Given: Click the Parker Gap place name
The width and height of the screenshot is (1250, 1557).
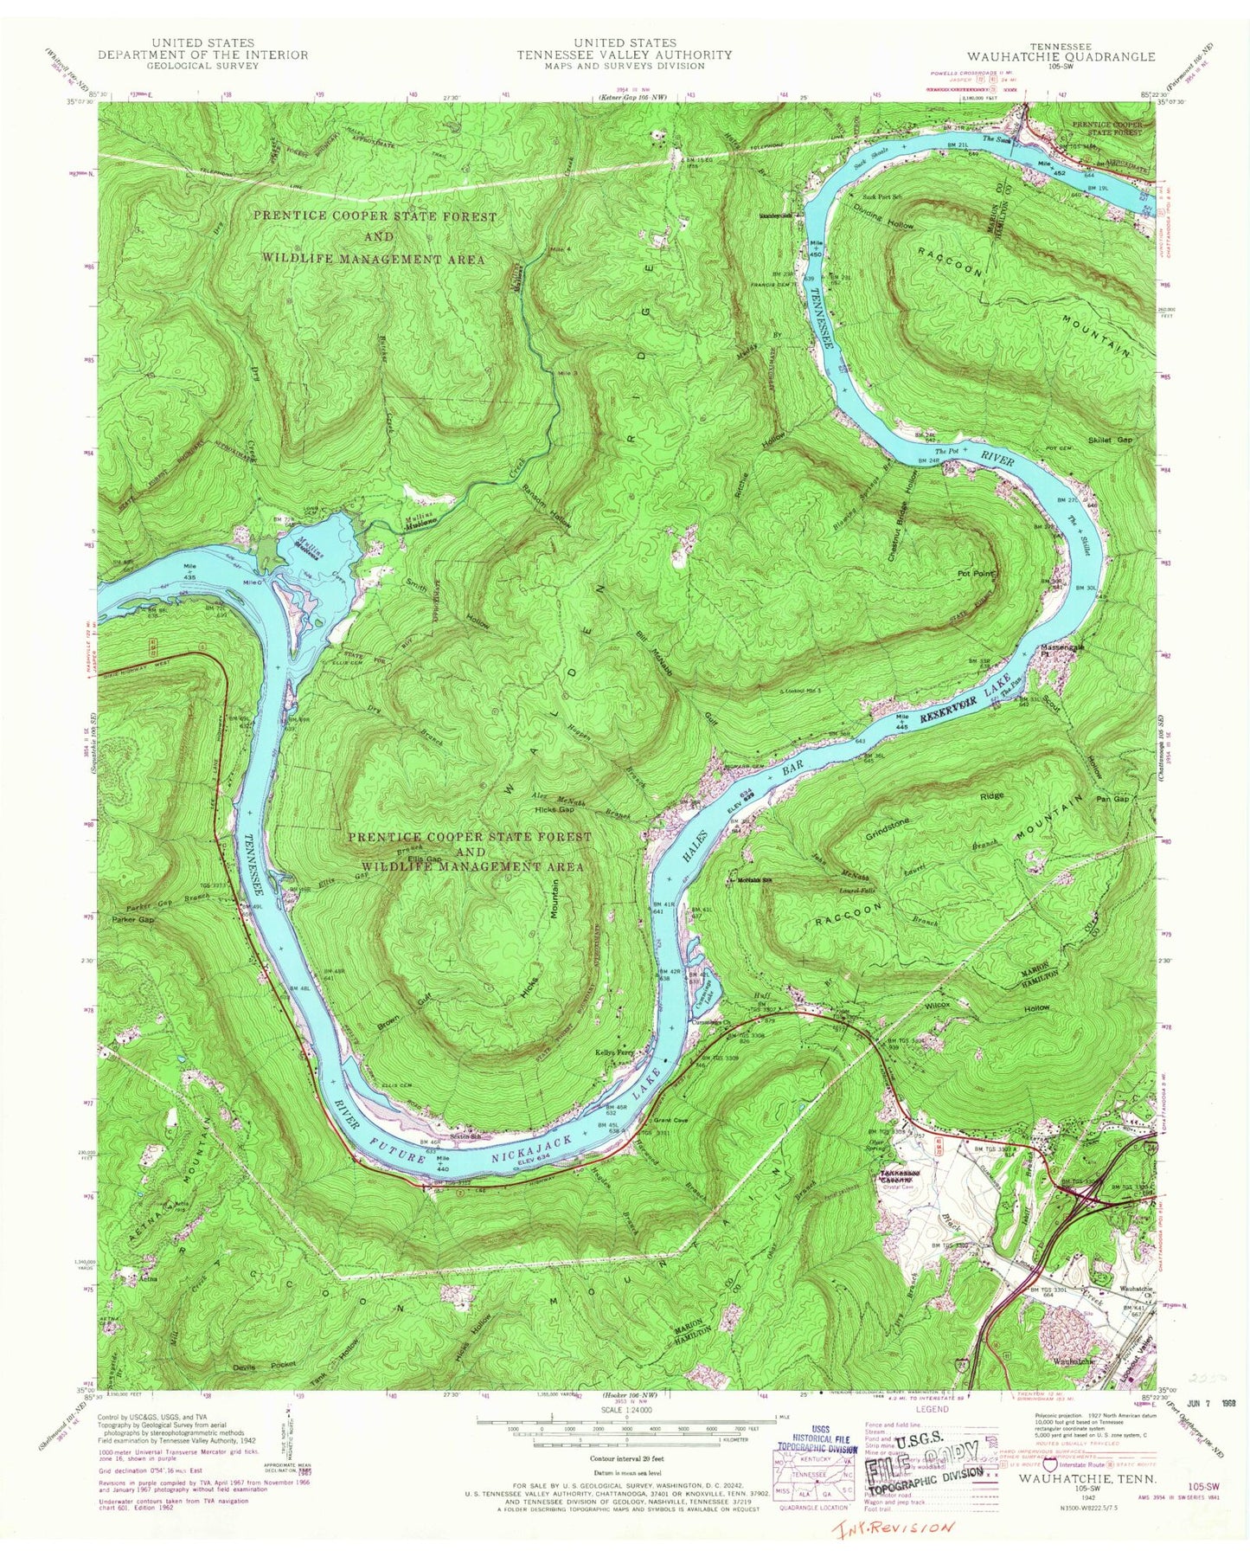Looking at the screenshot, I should pos(132,920).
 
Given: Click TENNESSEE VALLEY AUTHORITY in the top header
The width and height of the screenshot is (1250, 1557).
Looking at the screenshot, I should pos(625,55).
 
